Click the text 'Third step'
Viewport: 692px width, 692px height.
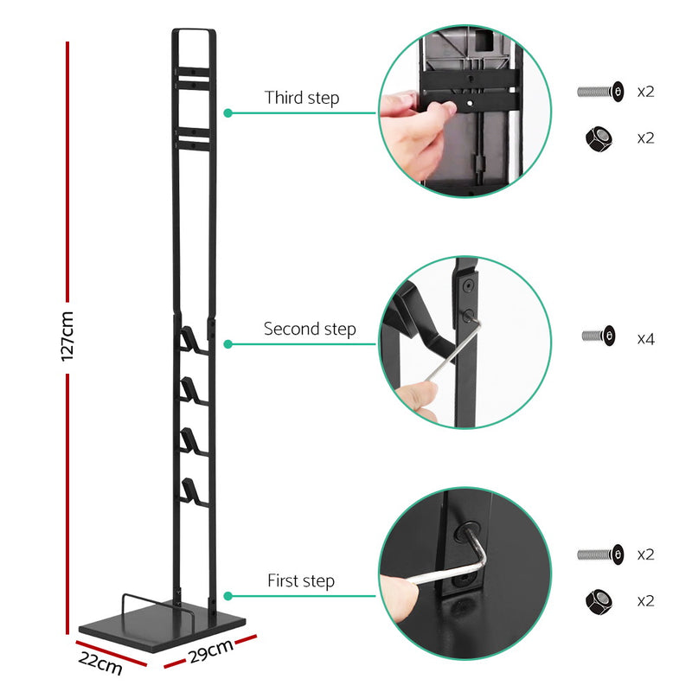click(302, 98)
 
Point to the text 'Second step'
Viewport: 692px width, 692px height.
click(309, 329)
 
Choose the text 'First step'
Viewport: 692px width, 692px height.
click(300, 581)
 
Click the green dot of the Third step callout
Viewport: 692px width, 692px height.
click(227, 112)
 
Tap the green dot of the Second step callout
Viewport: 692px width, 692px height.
click(227, 343)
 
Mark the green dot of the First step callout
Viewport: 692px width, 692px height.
click(227, 596)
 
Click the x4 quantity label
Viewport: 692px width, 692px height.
click(645, 338)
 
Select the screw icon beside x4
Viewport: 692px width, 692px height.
click(599, 336)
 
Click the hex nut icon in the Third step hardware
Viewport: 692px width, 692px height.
click(599, 138)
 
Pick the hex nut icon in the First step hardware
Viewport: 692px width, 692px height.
click(599, 600)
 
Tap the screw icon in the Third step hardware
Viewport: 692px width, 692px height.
click(599, 90)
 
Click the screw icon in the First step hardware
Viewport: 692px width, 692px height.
click(599, 554)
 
